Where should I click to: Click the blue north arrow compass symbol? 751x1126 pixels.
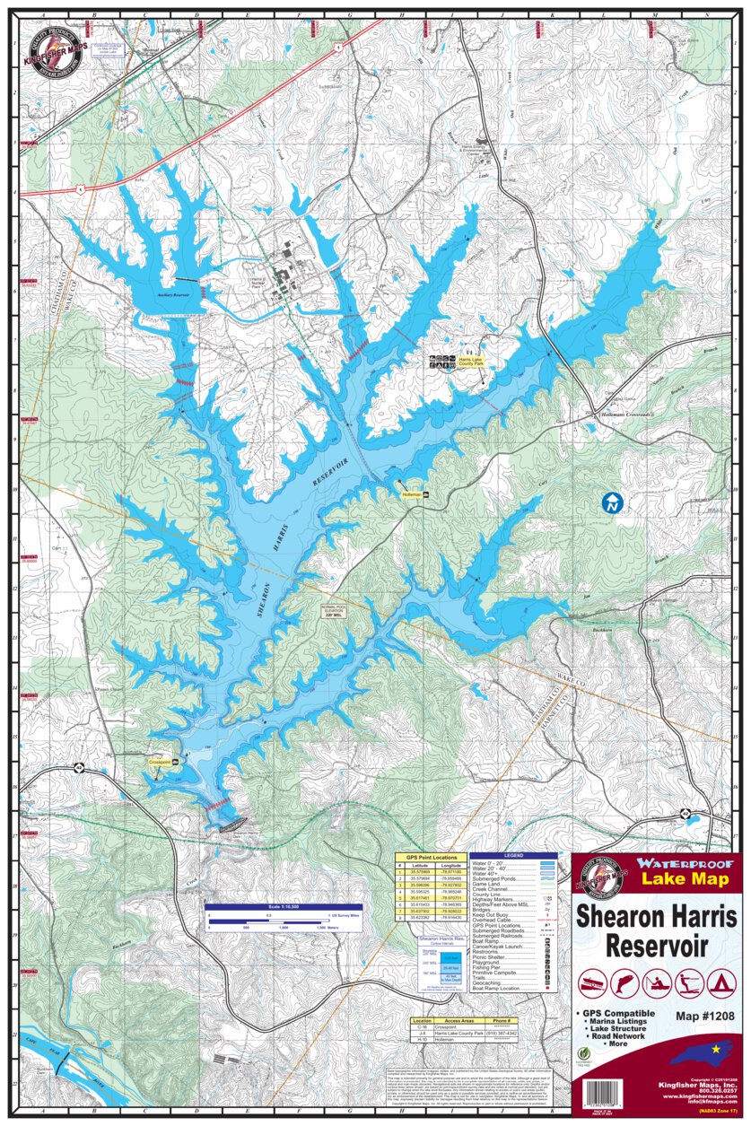tap(612, 502)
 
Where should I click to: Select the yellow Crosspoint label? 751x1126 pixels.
tap(160, 760)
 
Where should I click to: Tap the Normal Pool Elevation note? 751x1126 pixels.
tap(334, 610)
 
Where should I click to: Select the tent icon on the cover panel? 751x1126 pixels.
tap(718, 984)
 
